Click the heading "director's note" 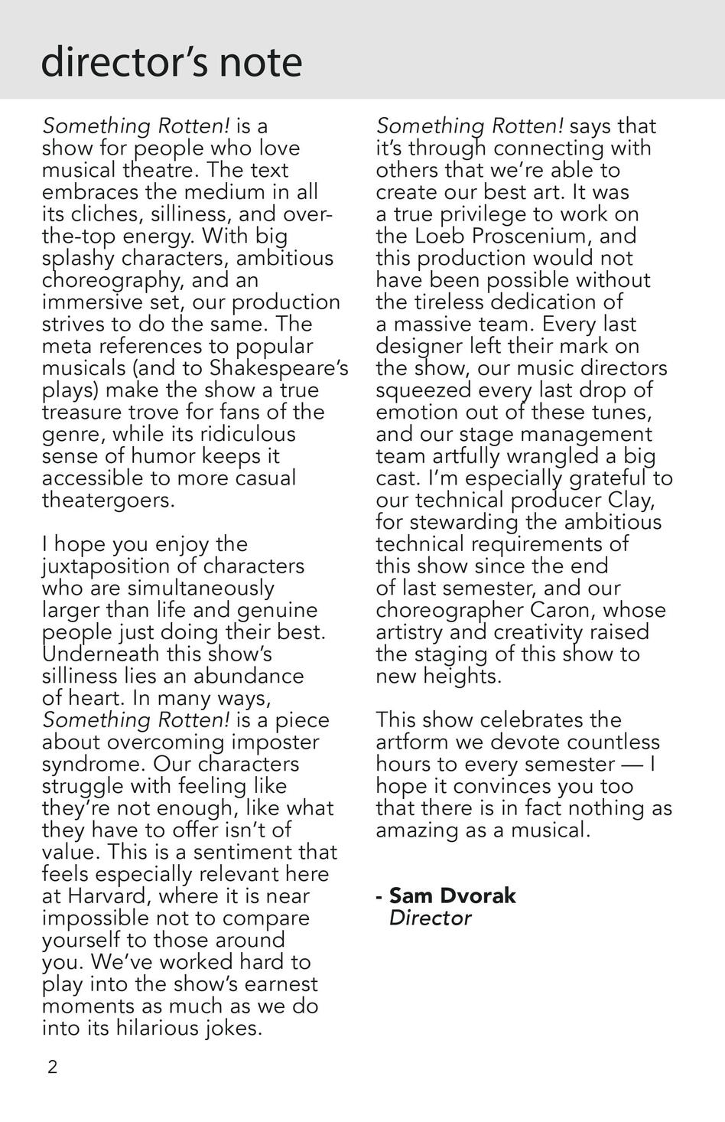coord(171,63)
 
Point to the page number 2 coord(52,1067)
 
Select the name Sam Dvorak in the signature coord(453,895)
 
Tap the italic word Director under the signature coord(430,918)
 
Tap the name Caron coord(563,611)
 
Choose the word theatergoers coord(108,501)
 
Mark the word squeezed coord(423,390)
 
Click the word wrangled coord(535,456)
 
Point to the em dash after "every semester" coord(631,764)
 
